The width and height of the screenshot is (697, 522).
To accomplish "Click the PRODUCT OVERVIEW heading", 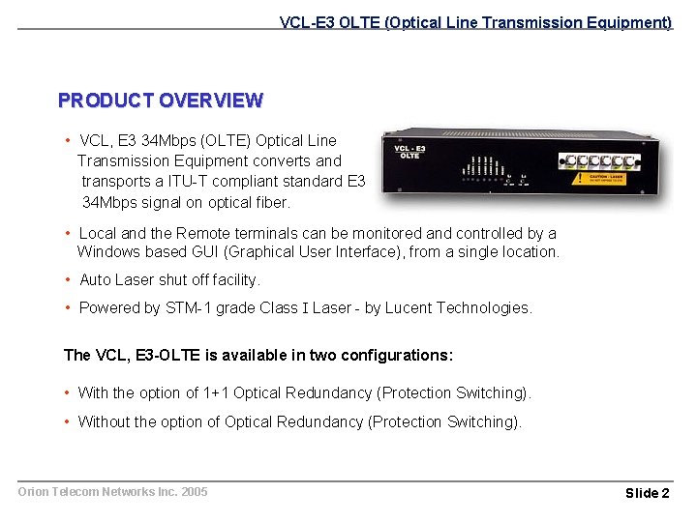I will [160, 101].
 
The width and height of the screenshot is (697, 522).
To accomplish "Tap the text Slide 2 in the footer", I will [647, 493].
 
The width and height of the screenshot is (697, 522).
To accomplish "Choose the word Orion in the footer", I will [34, 492].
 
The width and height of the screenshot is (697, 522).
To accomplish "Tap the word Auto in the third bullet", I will [95, 280].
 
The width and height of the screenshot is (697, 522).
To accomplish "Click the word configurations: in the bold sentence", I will [399, 356].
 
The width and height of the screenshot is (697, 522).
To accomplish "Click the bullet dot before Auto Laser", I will [68, 280].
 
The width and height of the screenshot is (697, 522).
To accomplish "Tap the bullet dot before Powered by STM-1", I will [68, 308].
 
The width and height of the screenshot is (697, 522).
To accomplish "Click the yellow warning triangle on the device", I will [578, 179].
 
